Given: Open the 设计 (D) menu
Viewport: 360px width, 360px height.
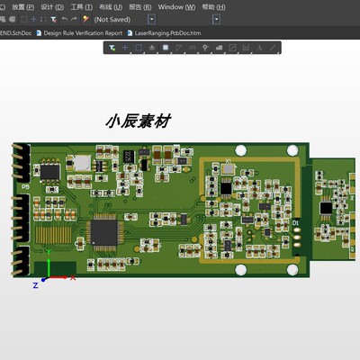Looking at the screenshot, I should point(52,6).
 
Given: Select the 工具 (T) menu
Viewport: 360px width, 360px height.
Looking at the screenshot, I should point(81,6).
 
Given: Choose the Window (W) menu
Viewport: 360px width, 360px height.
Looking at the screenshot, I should point(176,6).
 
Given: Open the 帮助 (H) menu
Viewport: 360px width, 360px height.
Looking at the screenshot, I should point(211,6).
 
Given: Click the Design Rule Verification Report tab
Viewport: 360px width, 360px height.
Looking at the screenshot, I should point(83,32).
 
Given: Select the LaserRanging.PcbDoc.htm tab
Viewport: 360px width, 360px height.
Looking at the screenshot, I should point(167,32).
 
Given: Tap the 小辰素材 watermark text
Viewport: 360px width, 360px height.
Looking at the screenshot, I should point(138,120).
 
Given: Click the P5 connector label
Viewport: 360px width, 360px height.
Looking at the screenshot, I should point(25,187).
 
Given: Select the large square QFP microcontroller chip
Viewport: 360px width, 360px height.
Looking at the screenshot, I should point(103,232).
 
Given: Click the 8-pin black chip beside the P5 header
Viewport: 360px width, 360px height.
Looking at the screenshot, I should point(50,170).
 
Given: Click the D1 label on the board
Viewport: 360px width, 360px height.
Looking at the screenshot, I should point(296,220).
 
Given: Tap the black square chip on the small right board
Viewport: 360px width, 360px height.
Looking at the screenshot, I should point(325,208).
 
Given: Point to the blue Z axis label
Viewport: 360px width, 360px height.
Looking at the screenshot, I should point(35,285).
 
